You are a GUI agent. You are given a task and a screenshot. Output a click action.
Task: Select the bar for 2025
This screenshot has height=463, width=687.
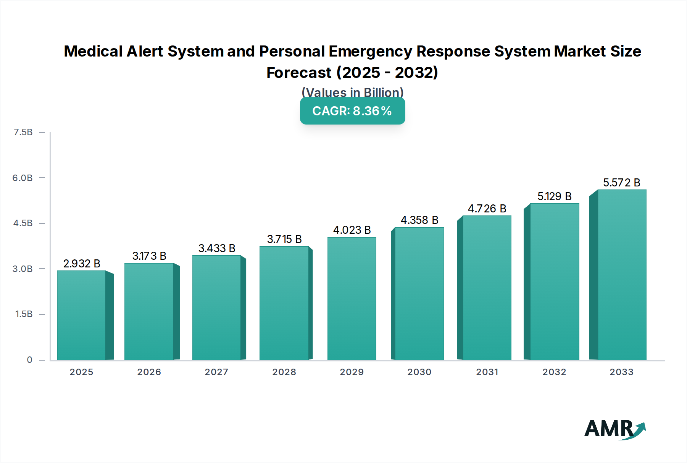coord(81,315)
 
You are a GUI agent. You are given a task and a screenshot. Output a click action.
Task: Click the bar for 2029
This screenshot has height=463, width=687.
coord(352,298)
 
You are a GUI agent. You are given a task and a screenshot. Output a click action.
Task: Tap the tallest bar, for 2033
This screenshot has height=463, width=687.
coord(621,275)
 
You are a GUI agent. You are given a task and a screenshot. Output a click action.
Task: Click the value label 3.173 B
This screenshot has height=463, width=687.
coord(149,256)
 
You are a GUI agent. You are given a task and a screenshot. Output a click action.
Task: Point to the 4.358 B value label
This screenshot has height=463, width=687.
coord(419,220)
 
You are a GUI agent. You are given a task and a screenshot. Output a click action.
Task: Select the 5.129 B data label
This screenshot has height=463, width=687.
coord(554,196)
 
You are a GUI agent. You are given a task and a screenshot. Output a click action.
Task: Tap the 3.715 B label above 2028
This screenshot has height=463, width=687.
coord(284,239)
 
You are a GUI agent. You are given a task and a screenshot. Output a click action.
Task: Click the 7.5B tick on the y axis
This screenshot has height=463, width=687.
coord(23,132)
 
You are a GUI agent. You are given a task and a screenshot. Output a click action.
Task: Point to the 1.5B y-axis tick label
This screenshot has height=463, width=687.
coord(24,314)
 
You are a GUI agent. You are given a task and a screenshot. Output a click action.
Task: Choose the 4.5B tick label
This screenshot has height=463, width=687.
coord(23,223)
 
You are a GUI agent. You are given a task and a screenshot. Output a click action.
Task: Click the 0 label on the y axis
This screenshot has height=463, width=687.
coord(29,359)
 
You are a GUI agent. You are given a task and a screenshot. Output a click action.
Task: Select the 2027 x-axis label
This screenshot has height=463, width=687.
coord(216,372)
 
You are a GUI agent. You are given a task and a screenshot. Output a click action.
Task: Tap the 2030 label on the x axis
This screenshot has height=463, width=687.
coord(419,372)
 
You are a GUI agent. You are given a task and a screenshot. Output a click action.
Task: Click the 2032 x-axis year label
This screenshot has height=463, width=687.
coord(554,372)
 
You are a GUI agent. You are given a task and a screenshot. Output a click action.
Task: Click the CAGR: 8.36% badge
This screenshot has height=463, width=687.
coord(352,111)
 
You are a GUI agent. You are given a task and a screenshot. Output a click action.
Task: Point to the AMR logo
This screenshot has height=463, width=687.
coord(614,429)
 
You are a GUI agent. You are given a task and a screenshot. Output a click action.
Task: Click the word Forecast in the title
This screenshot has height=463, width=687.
coord(299,73)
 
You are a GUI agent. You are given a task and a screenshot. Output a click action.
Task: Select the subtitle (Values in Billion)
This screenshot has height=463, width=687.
coord(352,92)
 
